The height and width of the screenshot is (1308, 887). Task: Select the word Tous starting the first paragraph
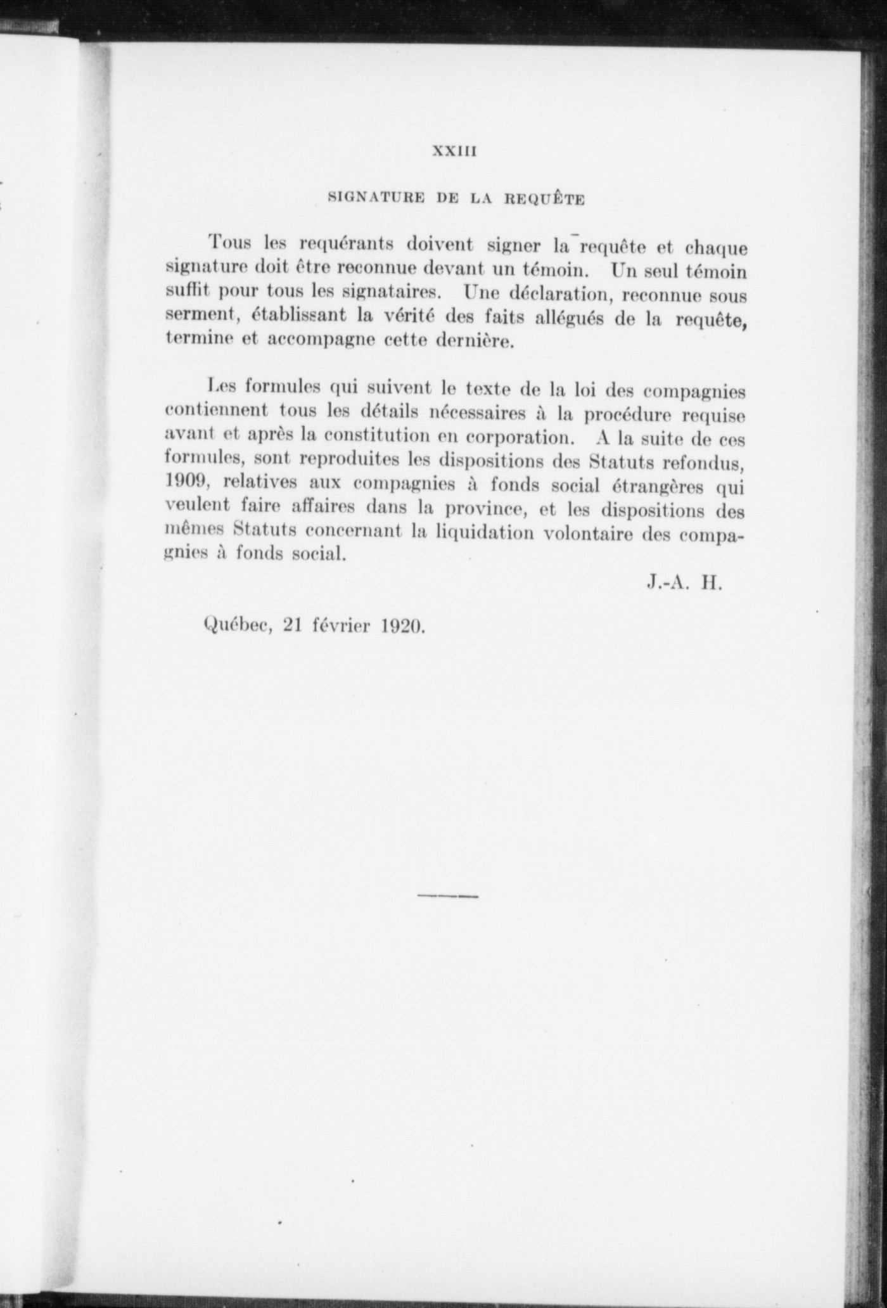point(230,243)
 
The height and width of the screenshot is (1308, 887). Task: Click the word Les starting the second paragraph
point(222,385)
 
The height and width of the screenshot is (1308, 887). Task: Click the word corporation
point(515,437)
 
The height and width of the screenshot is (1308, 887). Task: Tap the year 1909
point(186,481)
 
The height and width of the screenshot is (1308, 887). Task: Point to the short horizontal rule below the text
point(448,896)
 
